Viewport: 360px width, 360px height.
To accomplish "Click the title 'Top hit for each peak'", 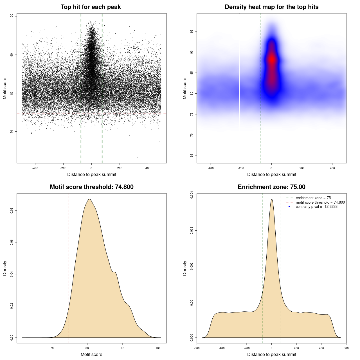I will (91, 7).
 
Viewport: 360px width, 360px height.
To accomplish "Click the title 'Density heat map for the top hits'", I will (271, 7).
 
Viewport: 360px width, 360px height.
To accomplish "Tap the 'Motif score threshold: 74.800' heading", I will (91, 187).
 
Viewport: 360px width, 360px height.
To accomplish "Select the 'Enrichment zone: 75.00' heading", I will (271, 187).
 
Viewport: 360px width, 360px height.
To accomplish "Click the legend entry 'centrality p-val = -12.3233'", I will (316, 207).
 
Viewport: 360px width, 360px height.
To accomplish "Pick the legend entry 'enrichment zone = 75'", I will (313, 198).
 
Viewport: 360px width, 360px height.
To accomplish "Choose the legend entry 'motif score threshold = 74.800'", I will (320, 202).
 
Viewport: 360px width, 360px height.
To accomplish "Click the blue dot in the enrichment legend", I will (289, 207).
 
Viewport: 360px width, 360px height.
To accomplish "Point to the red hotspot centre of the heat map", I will (272, 59).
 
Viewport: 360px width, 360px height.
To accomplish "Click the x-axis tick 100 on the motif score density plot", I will (158, 348).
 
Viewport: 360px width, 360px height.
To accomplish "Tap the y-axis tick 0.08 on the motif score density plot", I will (12, 211).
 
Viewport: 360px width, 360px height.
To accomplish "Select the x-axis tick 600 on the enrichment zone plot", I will (346, 348).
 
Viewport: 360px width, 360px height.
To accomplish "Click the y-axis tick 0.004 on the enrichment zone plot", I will (192, 195).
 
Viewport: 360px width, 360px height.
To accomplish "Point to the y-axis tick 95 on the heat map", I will (192, 31).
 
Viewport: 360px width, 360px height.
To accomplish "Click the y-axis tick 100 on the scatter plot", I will (12, 16).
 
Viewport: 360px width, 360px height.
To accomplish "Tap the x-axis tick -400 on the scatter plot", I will (35, 168).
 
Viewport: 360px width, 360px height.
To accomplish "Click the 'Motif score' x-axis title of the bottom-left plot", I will (91, 354).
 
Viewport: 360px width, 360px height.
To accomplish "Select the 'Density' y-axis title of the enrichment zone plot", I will (185, 268).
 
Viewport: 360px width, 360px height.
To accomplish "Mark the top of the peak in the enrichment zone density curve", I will (272, 199).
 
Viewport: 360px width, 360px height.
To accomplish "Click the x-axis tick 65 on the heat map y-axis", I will (192, 156).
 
